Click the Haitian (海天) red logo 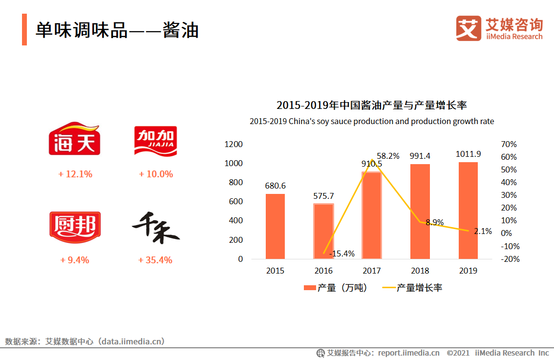click(x=74, y=139)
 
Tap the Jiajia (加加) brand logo click(x=156, y=139)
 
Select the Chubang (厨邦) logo click(x=75, y=227)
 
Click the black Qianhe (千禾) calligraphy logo click(x=156, y=228)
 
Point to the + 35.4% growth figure click(x=155, y=260)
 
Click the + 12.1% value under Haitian click(x=75, y=174)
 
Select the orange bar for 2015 click(x=275, y=226)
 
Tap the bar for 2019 click(x=468, y=211)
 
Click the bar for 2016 click(x=323, y=231)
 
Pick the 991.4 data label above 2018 click(x=420, y=156)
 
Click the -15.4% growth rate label click(x=342, y=254)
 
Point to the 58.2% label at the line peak click(x=388, y=156)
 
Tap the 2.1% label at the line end click(x=483, y=231)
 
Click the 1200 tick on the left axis click(x=234, y=144)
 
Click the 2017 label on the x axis click(x=371, y=271)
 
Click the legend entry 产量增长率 click(x=412, y=288)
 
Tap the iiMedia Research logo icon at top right click(x=469, y=28)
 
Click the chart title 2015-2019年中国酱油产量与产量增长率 click(x=372, y=105)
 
